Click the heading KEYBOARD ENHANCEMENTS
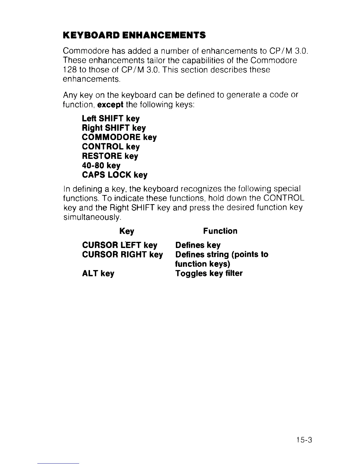pos(134,36)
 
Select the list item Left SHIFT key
pos(111,119)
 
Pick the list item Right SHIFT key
pos(114,128)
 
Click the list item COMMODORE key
pos(119,137)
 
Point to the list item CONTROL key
pos(111,147)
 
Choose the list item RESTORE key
pos(110,156)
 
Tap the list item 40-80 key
pos(101,165)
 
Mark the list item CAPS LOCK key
pos(115,175)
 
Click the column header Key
pos(127,231)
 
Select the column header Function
pos(220,231)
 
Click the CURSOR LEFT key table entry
pos(120,245)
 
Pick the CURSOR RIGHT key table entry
pos(122,254)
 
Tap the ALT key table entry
pos(98,274)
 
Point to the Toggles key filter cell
pos(209,274)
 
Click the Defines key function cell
pos(198,245)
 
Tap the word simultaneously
pos(92,217)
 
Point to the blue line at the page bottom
pos(59,464)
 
